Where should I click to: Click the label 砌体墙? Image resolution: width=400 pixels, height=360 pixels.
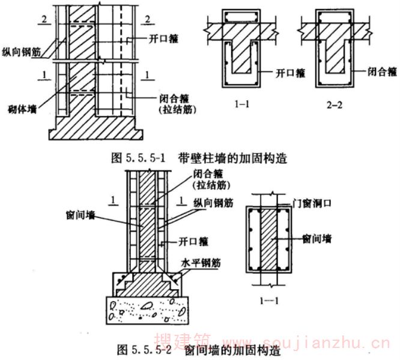point(22,109)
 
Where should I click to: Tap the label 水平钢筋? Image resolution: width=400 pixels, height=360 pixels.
point(201,263)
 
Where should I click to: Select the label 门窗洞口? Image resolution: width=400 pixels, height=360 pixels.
point(312,203)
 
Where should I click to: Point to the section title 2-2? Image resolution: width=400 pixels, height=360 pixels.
point(335,105)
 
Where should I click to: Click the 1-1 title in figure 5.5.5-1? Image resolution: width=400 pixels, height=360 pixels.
point(242,104)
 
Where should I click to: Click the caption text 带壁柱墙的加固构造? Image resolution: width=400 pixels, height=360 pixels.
point(232,158)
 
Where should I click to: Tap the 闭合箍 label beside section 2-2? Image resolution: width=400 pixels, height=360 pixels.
point(382,71)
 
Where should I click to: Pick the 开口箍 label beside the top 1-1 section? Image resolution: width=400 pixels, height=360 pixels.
point(290,73)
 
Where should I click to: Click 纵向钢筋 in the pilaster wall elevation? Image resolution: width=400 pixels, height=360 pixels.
point(22,52)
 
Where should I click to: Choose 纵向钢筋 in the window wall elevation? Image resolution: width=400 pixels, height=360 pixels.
point(213,203)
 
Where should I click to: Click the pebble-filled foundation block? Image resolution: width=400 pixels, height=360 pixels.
point(148,310)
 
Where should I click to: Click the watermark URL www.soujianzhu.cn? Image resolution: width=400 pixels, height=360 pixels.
point(307,342)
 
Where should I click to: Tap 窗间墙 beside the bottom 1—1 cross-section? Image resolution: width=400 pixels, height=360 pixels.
point(317,239)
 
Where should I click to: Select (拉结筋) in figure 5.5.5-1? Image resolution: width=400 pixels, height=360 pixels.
point(178,110)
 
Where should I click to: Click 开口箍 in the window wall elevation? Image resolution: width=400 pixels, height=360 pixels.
point(193,241)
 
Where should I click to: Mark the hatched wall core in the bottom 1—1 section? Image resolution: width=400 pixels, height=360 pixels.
point(268,239)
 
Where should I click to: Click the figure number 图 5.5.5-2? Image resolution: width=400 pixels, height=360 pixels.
point(144,350)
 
